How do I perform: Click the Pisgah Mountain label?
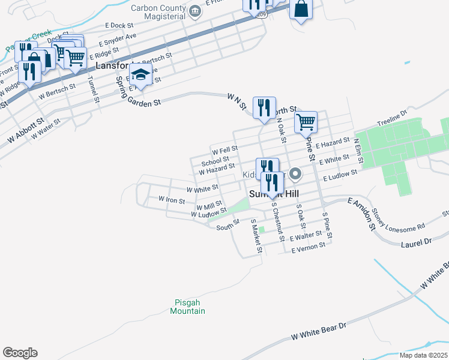pos(187,307)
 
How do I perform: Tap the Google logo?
pos(20,352)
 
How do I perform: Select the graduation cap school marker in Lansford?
pos(140,76)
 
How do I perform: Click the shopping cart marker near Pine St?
pos(306,122)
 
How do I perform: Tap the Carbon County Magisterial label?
pos(158,13)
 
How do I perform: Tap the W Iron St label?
pos(171,199)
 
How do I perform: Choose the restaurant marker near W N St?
pos(264,108)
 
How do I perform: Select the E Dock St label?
pos(119,26)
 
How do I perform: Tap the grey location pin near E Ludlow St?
pos(295,175)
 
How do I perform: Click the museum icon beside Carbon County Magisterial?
pos(194,11)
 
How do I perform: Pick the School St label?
pos(215,161)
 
